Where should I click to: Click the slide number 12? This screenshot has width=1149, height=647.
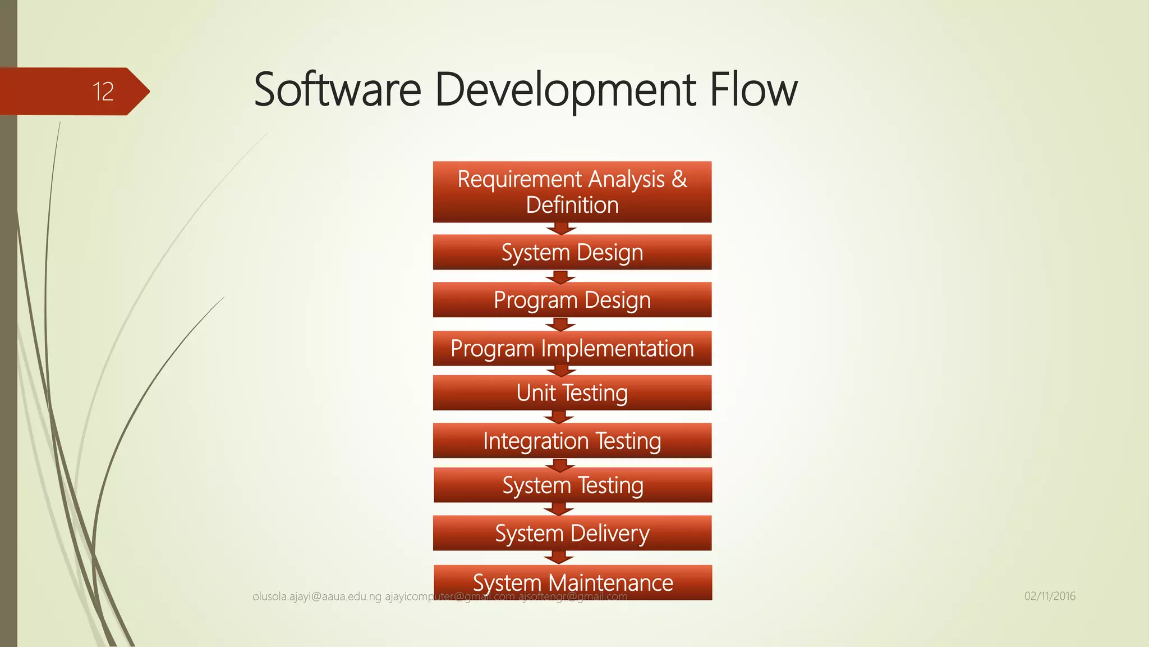(103, 92)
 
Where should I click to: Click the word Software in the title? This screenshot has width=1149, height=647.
(337, 90)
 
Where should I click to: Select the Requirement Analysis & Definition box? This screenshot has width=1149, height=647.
(572, 192)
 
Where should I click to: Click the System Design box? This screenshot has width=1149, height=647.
(572, 252)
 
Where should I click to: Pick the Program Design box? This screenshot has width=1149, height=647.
(572, 300)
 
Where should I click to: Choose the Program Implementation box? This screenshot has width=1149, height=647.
(572, 348)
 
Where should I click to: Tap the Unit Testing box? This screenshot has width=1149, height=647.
(572, 393)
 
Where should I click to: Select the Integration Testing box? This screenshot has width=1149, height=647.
(572, 441)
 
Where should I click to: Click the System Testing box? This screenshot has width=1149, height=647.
(572, 485)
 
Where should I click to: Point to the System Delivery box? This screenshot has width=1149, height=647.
(572, 533)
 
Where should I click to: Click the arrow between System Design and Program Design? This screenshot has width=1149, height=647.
(560, 277)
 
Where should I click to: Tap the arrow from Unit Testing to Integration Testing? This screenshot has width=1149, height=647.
(559, 417)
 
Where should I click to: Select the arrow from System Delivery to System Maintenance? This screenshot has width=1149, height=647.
(559, 557)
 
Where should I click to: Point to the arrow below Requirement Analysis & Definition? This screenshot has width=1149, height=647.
(561, 229)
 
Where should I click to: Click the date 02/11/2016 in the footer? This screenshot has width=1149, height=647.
(1050, 596)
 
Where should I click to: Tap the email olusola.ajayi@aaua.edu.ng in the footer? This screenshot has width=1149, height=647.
(317, 596)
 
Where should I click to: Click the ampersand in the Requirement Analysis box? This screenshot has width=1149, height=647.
(679, 179)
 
